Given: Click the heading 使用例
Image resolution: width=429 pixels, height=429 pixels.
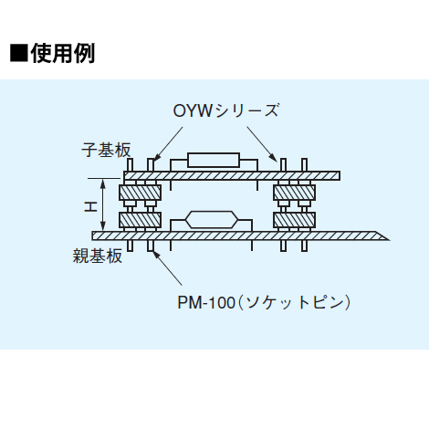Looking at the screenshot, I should coord(63,52).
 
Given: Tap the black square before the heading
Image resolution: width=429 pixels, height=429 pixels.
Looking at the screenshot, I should coord(19,52).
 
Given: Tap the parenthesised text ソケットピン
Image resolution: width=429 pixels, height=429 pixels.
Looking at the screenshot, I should coord(293,300).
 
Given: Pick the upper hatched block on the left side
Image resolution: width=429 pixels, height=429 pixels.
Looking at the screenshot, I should coord(141,193).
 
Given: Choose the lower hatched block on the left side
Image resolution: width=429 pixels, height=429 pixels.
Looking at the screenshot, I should coord(141,220).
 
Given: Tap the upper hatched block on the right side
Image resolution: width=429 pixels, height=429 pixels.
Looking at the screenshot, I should coord(295,193).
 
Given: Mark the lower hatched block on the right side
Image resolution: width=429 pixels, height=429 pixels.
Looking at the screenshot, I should coord(295,220).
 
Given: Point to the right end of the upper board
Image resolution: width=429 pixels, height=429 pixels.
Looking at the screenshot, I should coord(340,173).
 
